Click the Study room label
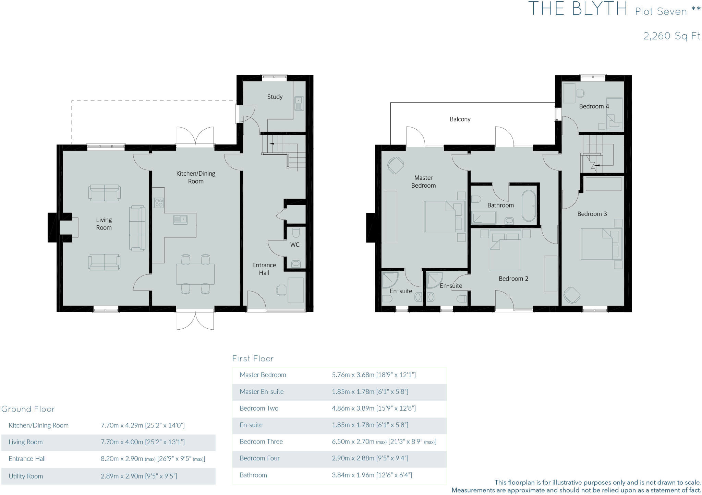click(275, 97)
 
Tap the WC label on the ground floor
click(294, 245)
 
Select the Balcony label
click(460, 119)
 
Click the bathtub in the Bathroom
click(529, 206)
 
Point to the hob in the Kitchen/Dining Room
click(158, 203)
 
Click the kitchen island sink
click(180, 219)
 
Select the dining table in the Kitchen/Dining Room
click(195, 274)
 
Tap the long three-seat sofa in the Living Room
click(137, 228)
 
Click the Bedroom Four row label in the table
click(259, 458)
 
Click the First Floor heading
click(253, 358)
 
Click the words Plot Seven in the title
click(661, 12)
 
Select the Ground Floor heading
click(28, 409)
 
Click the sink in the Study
click(299, 103)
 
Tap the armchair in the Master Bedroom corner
click(396, 165)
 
